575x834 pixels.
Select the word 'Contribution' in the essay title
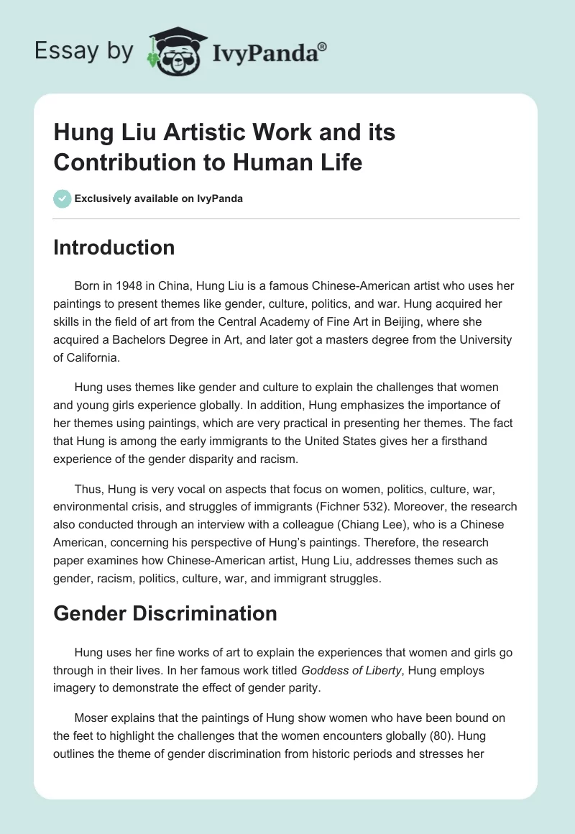tap(121, 162)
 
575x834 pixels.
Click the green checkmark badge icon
tap(62, 198)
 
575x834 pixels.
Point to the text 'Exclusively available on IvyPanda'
tap(160, 198)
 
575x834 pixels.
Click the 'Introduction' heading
tap(114, 247)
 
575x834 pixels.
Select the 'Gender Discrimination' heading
tap(165, 613)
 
